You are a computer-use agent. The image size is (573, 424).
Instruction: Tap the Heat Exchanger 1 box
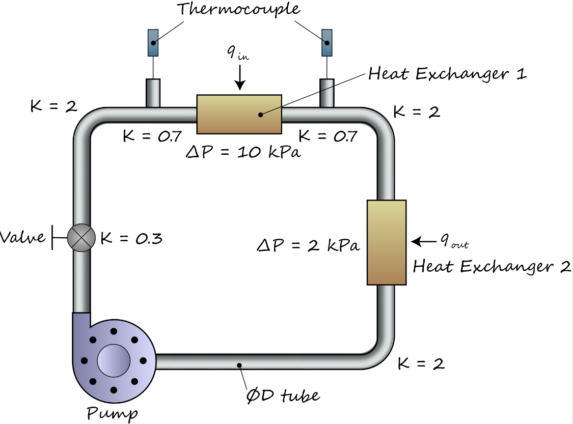(239, 114)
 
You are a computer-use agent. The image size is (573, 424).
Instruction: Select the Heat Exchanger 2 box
(387, 242)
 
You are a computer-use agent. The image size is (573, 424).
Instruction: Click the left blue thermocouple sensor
(153, 43)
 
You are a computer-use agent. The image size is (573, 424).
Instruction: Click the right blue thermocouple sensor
(327, 43)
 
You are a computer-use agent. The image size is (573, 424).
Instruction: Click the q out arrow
(423, 241)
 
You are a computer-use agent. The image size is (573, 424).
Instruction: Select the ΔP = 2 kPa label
(308, 246)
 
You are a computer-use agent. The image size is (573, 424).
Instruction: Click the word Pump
(112, 412)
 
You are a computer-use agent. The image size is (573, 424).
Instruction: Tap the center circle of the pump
(114, 360)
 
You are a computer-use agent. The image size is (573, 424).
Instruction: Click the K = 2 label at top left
(53, 106)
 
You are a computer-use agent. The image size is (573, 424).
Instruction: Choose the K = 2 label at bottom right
(421, 363)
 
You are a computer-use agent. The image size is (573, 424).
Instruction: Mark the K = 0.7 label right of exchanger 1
(328, 136)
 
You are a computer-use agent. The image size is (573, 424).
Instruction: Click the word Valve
(23, 237)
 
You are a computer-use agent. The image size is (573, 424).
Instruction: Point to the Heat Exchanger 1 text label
(447, 74)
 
